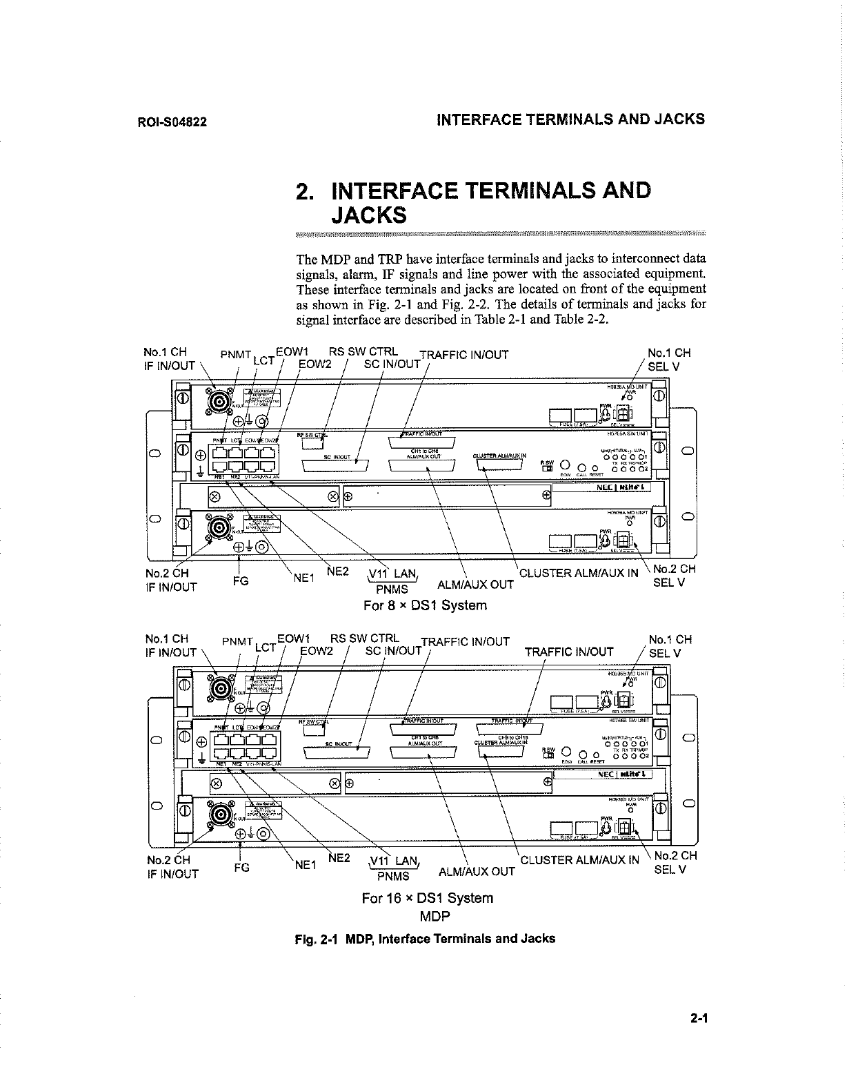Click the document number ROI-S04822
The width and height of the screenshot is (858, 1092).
pyautogui.click(x=172, y=123)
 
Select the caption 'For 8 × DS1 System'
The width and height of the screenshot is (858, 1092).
pyautogui.click(x=425, y=605)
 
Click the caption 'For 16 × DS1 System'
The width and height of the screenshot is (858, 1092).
pyautogui.click(x=428, y=898)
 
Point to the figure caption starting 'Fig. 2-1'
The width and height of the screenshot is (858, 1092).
pyautogui.click(x=424, y=939)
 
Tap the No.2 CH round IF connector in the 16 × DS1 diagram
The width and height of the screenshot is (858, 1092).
pyautogui.click(x=223, y=813)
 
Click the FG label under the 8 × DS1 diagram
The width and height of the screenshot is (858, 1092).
pyautogui.click(x=241, y=581)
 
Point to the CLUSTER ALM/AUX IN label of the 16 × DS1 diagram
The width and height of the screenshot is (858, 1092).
pyautogui.click(x=579, y=860)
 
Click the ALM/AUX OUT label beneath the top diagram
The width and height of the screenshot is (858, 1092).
pyautogui.click(x=476, y=585)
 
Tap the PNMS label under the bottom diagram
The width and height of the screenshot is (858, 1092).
pyautogui.click(x=392, y=876)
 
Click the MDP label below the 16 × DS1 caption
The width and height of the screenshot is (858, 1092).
pyautogui.click(x=435, y=917)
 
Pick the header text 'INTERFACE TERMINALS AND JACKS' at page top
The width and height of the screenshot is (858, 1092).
pyautogui.click(x=571, y=119)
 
